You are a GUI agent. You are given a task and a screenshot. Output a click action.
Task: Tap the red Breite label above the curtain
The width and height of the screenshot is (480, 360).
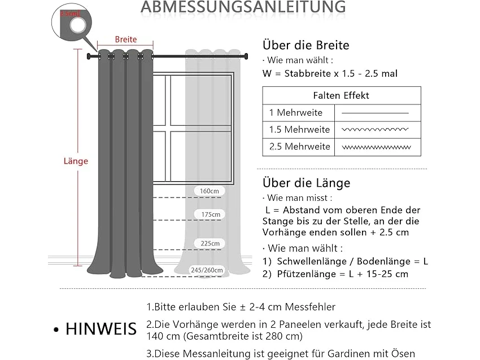point(125,39)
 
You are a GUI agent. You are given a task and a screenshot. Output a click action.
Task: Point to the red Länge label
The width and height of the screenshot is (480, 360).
point(75,161)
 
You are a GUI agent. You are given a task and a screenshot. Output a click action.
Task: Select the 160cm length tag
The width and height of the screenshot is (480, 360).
point(210,191)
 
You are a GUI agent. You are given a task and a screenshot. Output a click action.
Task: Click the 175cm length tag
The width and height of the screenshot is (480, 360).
point(210,214)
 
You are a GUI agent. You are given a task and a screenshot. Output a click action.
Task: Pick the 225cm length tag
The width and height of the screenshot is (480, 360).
point(210,243)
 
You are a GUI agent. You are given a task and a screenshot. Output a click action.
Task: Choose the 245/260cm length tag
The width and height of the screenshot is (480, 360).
point(207,270)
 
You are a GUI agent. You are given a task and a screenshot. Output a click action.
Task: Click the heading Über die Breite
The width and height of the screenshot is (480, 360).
point(306,45)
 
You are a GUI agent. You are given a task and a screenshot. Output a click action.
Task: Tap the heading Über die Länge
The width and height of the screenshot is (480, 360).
point(306,183)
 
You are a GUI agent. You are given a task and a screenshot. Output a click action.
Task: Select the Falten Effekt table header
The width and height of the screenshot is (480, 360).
point(341,95)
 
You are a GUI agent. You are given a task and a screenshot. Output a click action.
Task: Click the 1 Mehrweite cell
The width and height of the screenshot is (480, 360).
point(296,113)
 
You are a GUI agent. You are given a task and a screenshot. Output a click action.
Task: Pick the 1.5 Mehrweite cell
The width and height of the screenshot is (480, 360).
point(299,130)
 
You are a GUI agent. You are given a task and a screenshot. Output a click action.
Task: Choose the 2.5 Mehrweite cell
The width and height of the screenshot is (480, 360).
point(299,147)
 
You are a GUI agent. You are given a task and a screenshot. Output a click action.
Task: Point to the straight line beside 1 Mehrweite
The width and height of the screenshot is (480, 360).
point(375,113)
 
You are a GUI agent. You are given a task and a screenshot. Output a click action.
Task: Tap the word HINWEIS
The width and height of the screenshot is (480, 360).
point(101,328)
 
